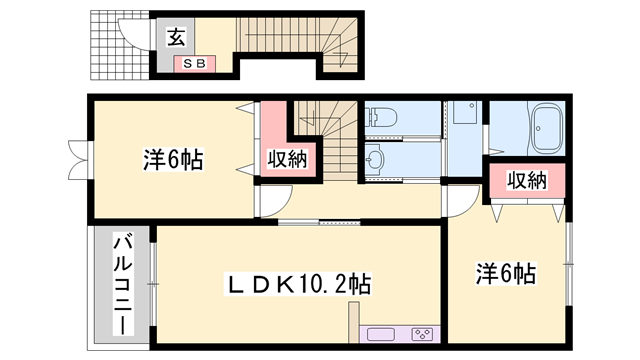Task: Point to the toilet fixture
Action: [x=386, y=118]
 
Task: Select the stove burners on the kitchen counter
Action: [x=422, y=334]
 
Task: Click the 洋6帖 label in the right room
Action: [x=506, y=273]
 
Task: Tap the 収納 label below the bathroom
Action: [x=526, y=181]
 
